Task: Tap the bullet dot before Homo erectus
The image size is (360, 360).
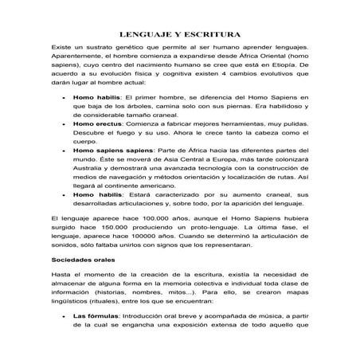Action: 62,126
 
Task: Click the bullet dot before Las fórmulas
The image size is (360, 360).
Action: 62,316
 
